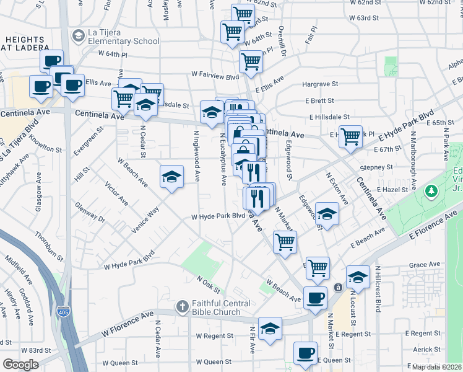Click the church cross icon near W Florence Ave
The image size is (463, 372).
point(182,306)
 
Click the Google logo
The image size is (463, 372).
point(21,365)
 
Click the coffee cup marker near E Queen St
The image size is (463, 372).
point(305,353)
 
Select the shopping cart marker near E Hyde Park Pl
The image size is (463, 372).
point(351,136)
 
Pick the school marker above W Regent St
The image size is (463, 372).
point(270,329)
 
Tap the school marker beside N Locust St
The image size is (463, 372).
point(358,277)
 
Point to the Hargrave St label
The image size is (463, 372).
point(320,83)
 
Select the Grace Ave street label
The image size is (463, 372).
point(407,265)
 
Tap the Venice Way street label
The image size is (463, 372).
point(145,220)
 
